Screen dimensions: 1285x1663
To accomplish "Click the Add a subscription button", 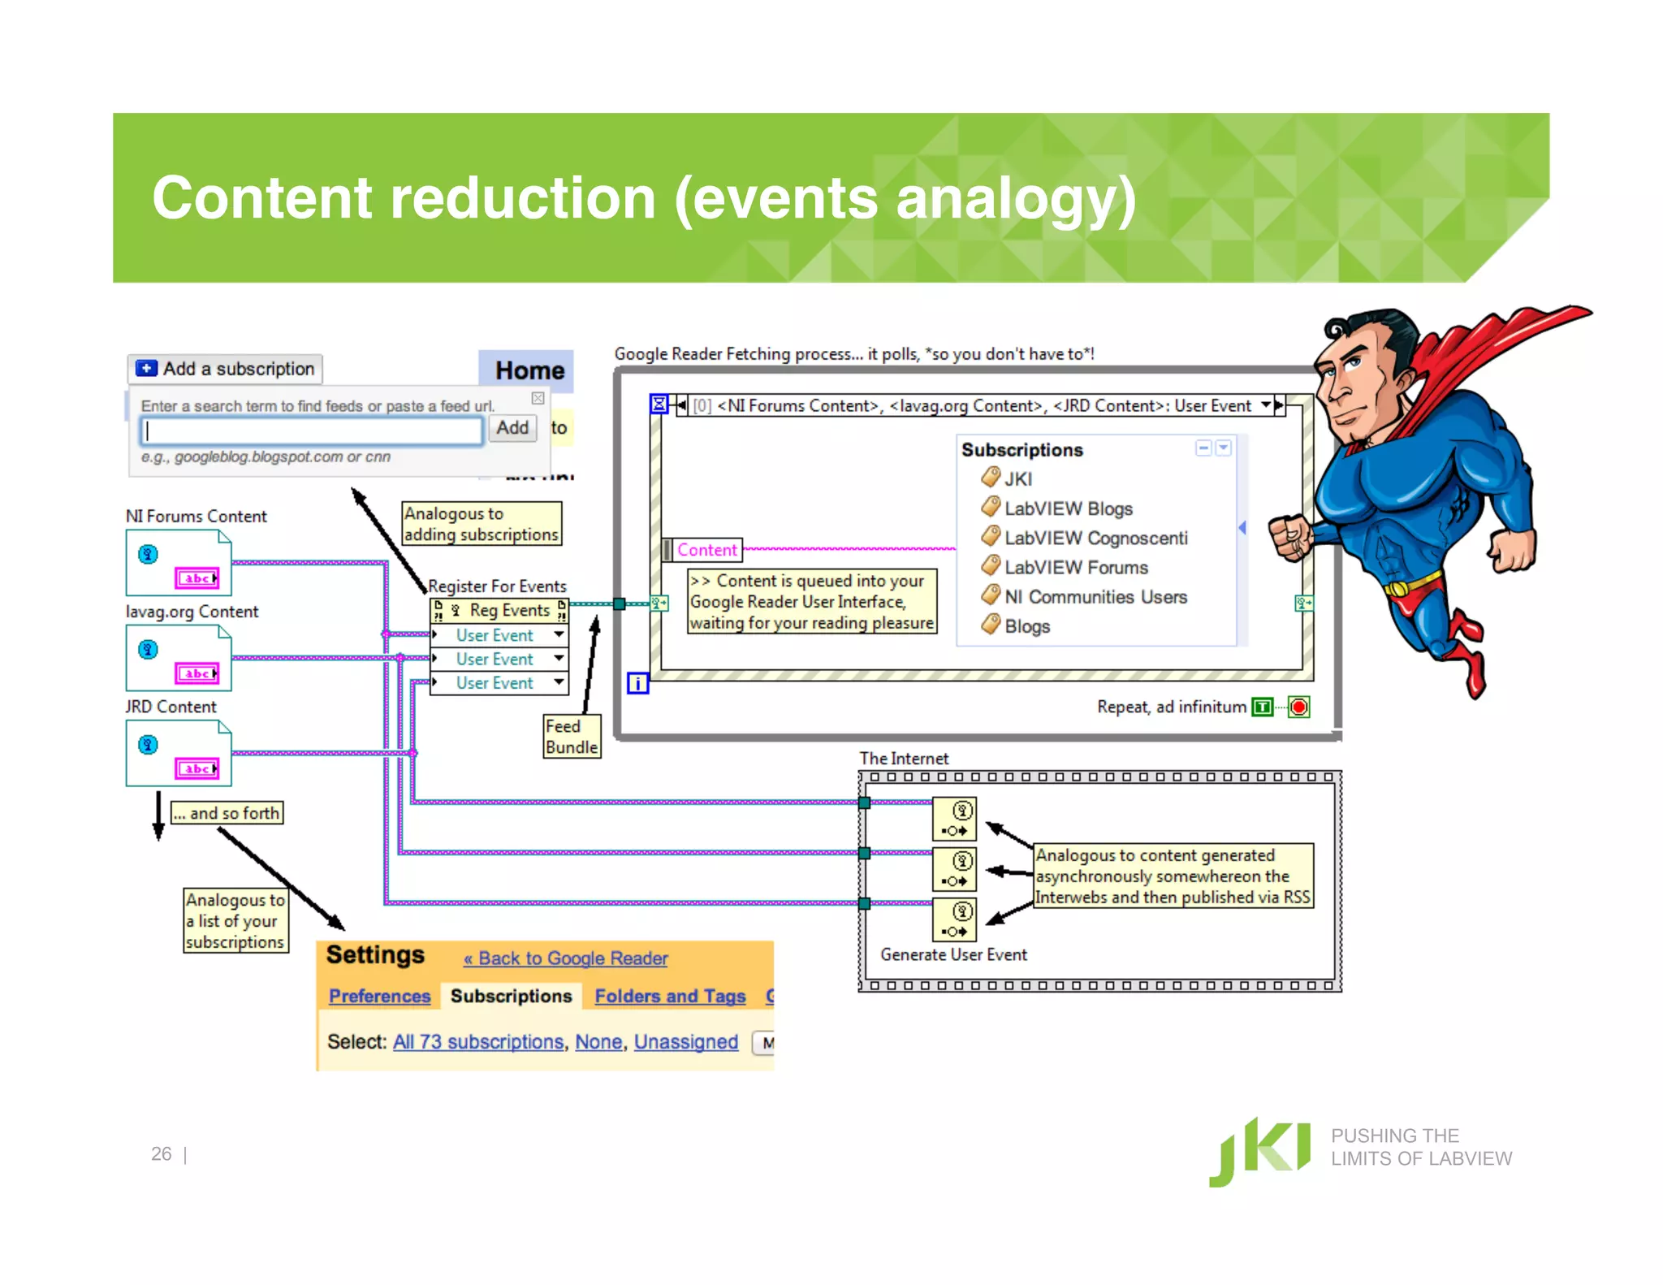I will (225, 369).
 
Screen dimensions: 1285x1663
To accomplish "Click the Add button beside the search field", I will (512, 428).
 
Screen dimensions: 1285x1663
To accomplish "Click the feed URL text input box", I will (312, 430).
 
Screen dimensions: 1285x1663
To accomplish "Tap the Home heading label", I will (529, 370).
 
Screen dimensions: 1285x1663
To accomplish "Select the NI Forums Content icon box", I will (179, 563).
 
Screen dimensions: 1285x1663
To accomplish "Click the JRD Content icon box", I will (179, 754).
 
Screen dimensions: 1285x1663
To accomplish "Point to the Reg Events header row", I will (499, 610).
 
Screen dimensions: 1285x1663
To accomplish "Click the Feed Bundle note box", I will (572, 737).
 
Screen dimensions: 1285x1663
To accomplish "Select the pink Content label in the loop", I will (706, 550).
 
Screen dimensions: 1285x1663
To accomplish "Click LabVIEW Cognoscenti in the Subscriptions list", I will (1095, 538).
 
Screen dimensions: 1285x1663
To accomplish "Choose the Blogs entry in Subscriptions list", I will (1026, 626).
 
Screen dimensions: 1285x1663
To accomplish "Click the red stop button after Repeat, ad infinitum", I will (1299, 707).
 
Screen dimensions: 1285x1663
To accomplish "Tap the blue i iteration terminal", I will (638, 683).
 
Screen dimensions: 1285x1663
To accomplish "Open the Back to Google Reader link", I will (566, 958).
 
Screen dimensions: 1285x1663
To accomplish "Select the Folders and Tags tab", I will (670, 996).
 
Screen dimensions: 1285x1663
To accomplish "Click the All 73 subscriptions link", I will (478, 1042).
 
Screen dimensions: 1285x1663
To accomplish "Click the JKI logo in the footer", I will (1259, 1151).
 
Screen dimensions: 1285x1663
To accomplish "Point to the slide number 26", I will (161, 1153).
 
